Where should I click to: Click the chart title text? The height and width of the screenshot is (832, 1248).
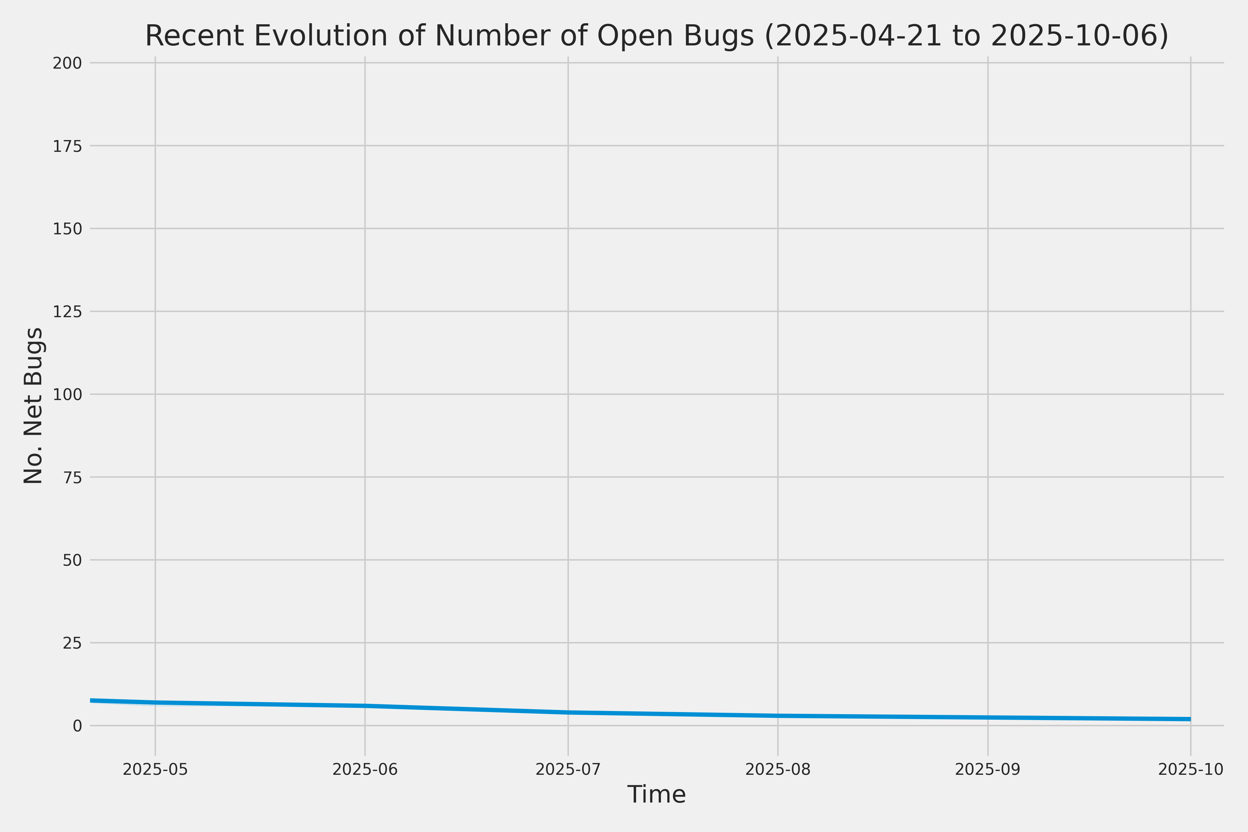coord(656,36)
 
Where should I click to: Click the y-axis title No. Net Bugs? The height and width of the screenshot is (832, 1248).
coord(33,405)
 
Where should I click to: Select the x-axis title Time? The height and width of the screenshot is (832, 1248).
coord(656,794)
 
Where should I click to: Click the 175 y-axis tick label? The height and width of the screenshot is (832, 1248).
coord(67,146)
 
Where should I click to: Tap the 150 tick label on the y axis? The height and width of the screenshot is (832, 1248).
coord(67,229)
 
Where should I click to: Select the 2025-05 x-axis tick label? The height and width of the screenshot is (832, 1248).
coord(155,769)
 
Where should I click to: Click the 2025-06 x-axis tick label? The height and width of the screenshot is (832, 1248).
coord(365,769)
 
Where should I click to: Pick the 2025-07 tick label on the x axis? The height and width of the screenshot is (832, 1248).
coord(568,769)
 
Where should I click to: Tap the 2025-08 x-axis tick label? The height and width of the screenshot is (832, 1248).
coord(778,769)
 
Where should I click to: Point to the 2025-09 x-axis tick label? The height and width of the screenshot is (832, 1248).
coord(987,769)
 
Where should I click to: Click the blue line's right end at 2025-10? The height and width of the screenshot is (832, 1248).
coord(1190,719)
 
